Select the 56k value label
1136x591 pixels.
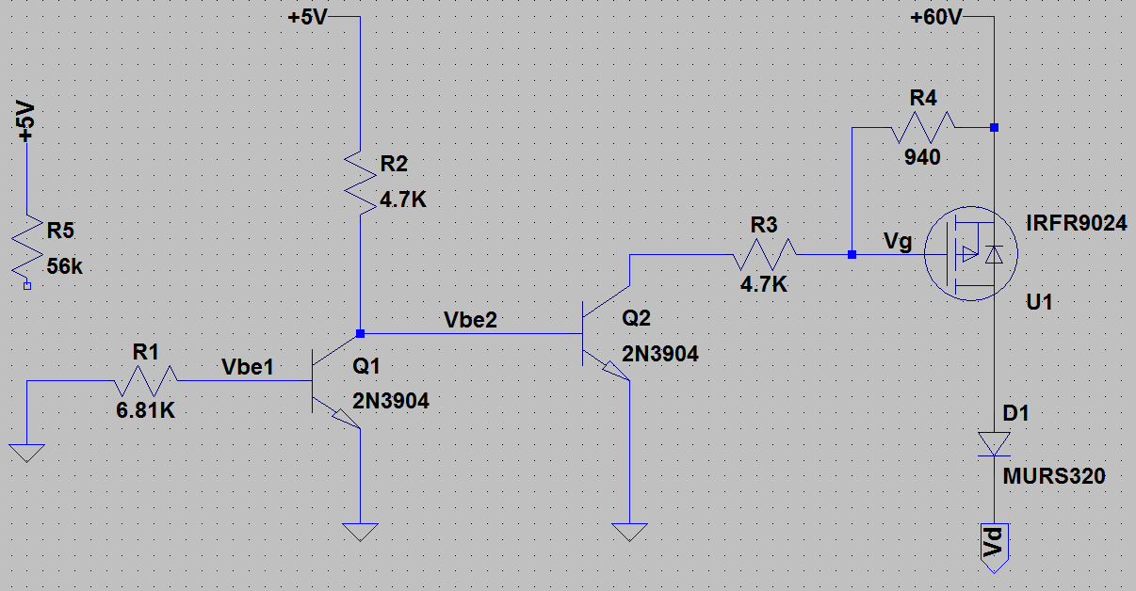[x=64, y=267]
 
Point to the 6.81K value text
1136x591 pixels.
[x=147, y=411]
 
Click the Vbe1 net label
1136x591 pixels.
[x=248, y=367]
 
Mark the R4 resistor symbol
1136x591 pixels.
[x=921, y=126]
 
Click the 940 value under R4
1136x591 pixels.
[x=921, y=157]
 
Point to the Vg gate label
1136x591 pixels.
[x=898, y=243]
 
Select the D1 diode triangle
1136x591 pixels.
[x=994, y=443]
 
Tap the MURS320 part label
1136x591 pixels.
[x=1054, y=477]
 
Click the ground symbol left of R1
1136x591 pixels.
[x=28, y=452]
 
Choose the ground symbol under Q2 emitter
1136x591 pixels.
[x=629, y=533]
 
